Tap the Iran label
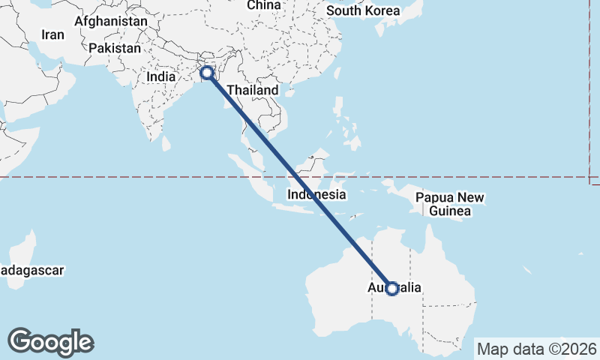(x=52, y=34)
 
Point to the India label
(x=161, y=76)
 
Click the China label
(x=263, y=5)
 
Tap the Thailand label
(x=253, y=90)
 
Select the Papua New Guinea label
(x=450, y=205)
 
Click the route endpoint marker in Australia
(x=391, y=289)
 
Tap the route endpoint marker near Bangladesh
(x=206, y=73)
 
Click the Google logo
(x=50, y=342)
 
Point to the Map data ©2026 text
(x=536, y=349)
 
